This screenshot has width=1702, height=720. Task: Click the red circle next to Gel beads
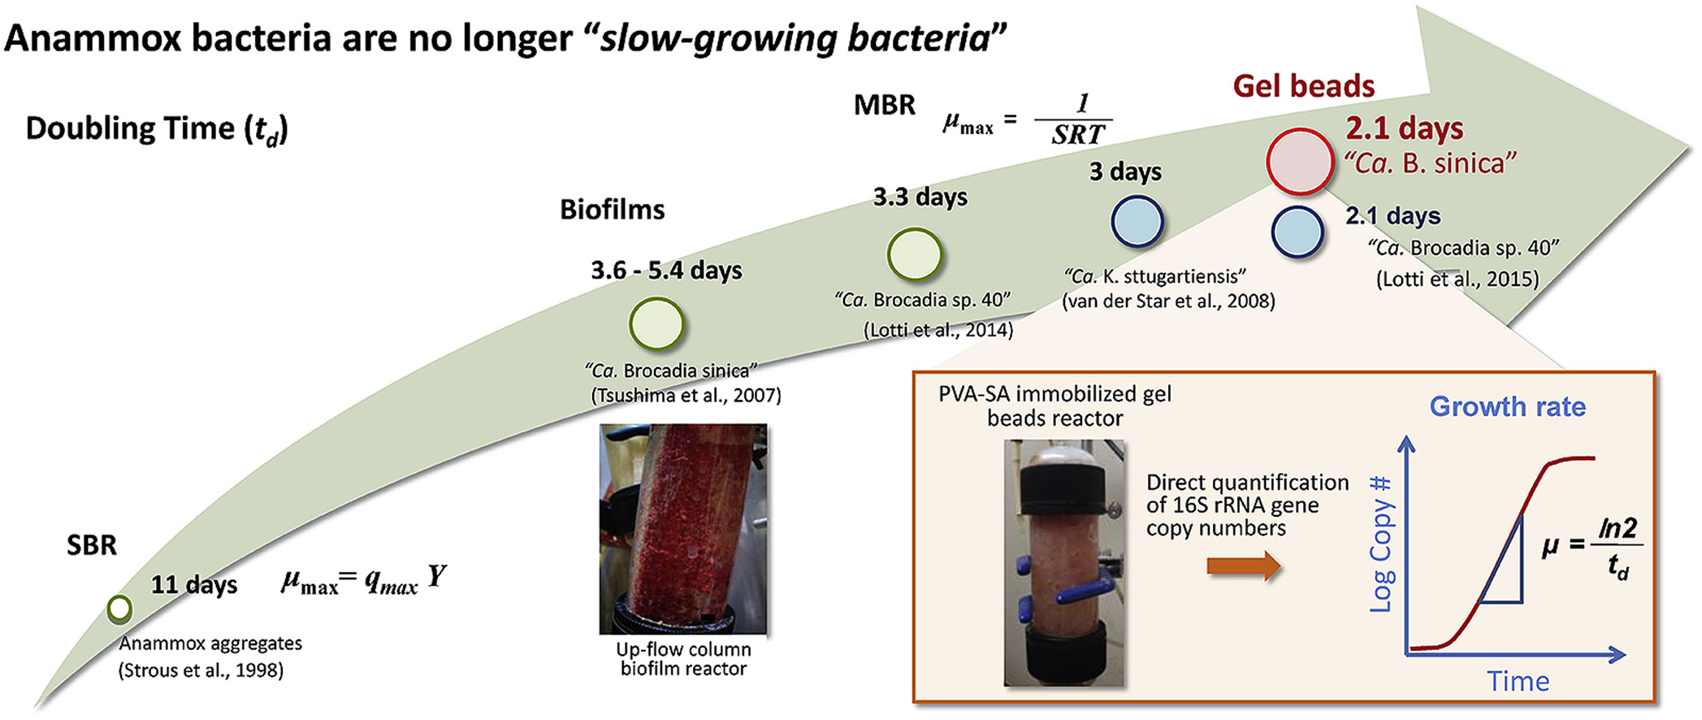[x=1300, y=161]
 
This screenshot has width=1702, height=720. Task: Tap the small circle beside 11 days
[x=119, y=609]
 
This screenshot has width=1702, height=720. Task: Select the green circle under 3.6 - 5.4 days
[x=656, y=323]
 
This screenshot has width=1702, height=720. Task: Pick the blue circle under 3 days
[x=1137, y=222]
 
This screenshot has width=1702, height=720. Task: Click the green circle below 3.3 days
[x=915, y=254]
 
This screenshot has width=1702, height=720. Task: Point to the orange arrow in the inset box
[x=1243, y=566]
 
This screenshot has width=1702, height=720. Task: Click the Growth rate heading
[x=1507, y=406]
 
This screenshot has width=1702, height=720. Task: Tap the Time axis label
[x=1518, y=681]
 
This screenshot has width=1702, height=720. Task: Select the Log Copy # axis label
[x=1381, y=544]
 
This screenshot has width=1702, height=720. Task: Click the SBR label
[x=92, y=544]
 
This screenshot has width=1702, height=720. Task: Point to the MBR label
[x=885, y=105]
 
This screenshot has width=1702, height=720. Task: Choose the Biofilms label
[x=612, y=210]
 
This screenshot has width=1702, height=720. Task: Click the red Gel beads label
[x=1303, y=86]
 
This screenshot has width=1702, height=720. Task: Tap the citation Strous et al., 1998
[x=201, y=670]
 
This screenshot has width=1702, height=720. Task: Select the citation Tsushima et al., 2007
[x=686, y=396]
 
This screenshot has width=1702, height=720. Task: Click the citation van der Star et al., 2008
[x=1168, y=301]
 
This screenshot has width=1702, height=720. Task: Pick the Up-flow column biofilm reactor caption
[x=683, y=659]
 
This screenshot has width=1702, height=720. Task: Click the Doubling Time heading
[x=157, y=128]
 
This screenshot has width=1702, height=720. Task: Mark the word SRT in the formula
[x=1078, y=134]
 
